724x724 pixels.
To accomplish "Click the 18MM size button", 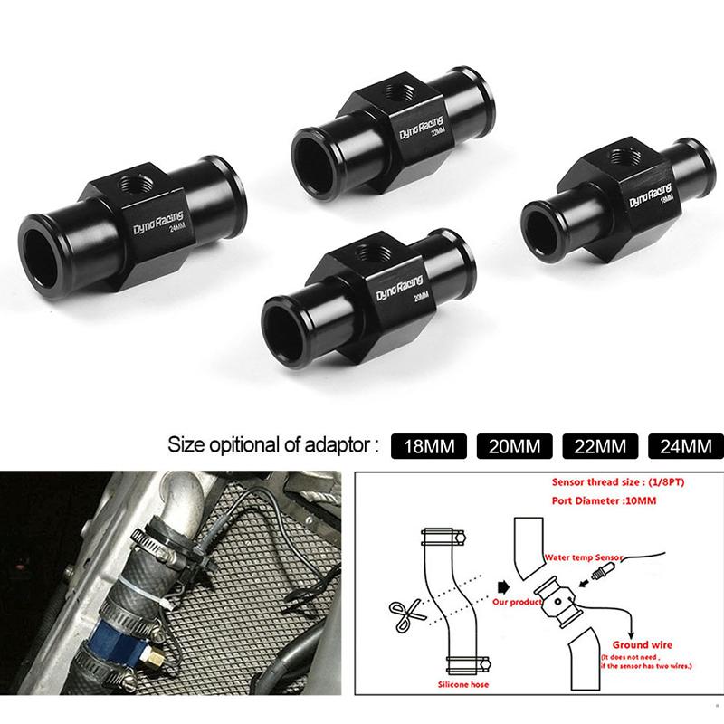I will point(427,446).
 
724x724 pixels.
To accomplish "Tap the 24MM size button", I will point(683,446).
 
